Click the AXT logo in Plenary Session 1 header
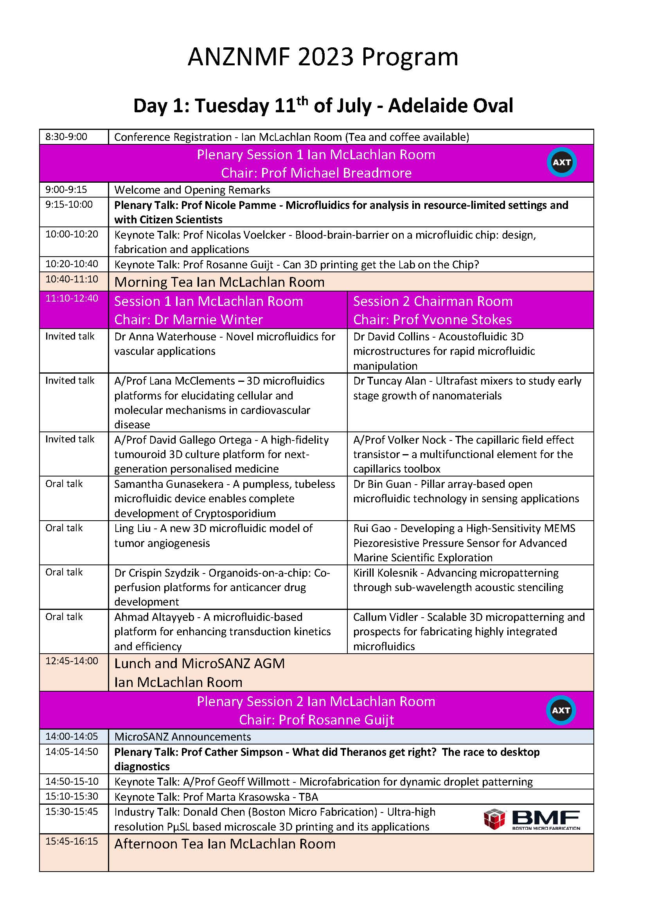561,162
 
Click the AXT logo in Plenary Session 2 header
561,710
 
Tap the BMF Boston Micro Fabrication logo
532,820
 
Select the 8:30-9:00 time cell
66,137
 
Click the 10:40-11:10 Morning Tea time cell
72,279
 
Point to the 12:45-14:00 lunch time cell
72,661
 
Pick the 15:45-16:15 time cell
72,841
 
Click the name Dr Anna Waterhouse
165,336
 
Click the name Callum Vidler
386,617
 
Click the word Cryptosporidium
235,513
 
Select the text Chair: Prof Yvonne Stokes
432,320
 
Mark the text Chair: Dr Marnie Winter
189,320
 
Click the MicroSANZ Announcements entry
182,737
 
